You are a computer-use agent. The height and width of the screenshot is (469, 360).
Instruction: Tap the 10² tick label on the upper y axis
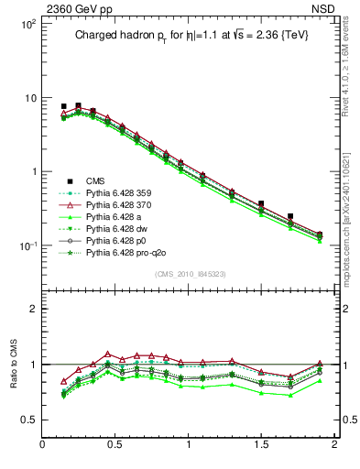coord(27,25)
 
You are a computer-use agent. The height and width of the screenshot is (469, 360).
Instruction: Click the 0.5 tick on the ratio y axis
coord(27,420)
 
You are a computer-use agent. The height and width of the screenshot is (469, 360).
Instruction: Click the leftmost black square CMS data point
coord(63,106)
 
